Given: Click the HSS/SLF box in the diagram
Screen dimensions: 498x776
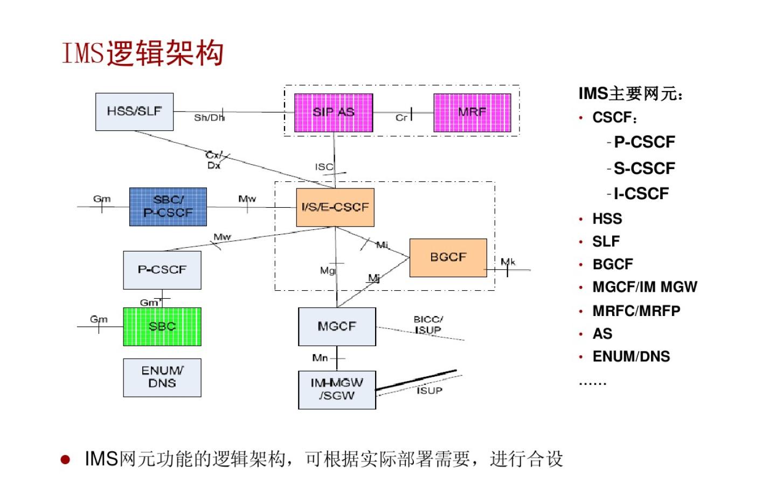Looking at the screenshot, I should point(134,111).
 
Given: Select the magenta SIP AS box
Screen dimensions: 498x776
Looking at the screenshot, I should point(333,113).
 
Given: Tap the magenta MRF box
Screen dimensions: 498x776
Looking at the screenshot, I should point(472,113).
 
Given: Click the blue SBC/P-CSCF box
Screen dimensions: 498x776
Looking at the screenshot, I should point(168,207).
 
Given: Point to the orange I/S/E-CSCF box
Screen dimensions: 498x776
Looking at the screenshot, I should point(335,207).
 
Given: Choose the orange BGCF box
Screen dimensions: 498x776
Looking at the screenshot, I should point(448,257).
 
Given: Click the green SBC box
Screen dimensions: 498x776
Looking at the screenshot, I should point(162,326).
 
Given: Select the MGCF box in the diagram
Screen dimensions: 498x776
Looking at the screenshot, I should point(337,326).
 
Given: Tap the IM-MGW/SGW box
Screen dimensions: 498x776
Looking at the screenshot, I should point(337,389).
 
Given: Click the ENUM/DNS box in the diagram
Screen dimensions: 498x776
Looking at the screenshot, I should point(162,377).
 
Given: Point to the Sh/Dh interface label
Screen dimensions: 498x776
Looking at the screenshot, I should point(209,117).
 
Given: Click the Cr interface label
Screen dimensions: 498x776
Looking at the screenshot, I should point(401,117).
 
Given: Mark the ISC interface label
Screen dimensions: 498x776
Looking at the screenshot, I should point(324,167).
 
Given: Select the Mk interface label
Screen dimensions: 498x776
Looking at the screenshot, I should point(508,262).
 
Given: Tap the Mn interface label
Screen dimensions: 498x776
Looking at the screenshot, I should point(320,357).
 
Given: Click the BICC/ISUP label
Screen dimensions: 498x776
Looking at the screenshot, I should point(428,324).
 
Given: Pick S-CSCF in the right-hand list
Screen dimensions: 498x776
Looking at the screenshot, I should point(644,169).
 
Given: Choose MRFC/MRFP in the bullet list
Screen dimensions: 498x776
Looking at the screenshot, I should point(636,311).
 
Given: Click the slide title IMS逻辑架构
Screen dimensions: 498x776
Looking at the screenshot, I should point(143,53).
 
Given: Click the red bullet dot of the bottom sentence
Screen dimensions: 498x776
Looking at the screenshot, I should point(65,459).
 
